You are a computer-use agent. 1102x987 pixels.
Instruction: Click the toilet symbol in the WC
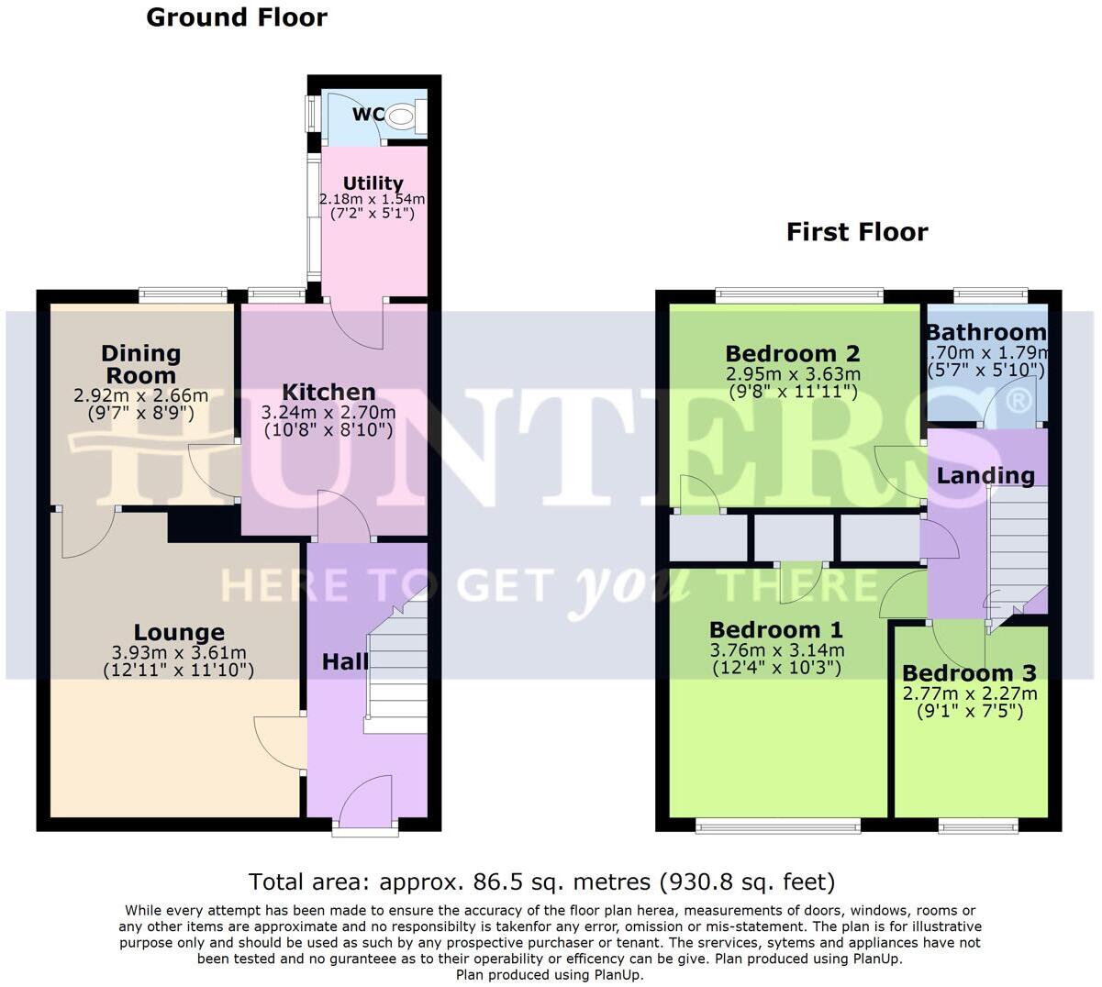(402, 116)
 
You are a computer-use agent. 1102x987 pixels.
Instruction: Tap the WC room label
(368, 116)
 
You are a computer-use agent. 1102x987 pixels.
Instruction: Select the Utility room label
(373, 183)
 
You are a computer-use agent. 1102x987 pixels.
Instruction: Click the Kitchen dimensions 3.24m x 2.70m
(328, 412)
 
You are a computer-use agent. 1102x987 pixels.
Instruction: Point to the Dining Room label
(140, 364)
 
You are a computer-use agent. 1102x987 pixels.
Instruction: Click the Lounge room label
(179, 632)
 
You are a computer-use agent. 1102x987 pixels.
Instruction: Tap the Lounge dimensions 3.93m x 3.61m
(179, 652)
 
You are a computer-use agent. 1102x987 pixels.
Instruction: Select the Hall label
(345, 661)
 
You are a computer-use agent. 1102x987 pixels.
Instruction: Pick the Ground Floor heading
(236, 17)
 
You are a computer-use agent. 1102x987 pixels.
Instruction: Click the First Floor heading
(856, 232)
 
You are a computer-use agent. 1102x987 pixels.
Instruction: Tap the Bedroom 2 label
(792, 353)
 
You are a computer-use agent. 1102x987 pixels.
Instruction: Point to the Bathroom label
(985, 332)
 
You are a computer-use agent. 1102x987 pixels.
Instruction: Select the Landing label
(985, 475)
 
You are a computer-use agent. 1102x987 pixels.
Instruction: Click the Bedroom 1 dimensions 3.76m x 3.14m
(776, 650)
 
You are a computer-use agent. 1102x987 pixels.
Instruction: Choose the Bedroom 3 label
(969, 673)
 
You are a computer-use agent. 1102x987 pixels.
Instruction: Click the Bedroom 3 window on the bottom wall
(978, 826)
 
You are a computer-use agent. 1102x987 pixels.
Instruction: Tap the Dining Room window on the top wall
(182, 295)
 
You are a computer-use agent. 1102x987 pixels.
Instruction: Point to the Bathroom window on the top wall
(991, 295)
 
